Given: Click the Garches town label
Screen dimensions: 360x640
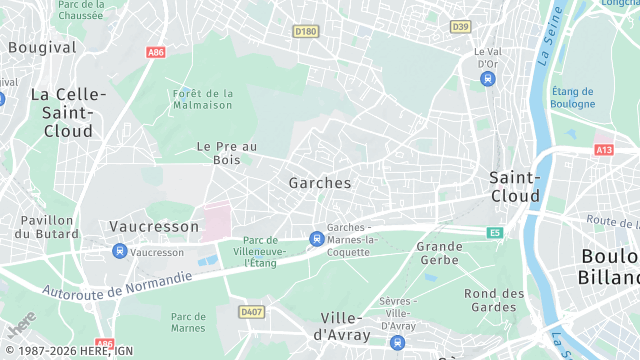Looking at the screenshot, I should tap(320, 183).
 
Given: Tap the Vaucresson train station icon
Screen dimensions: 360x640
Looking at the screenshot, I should tap(120, 252).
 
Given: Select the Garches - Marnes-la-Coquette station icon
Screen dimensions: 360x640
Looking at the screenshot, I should tap(316, 238).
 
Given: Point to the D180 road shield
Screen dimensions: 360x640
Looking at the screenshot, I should tap(306, 32).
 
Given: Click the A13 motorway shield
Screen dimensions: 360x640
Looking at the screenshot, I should tap(603, 149).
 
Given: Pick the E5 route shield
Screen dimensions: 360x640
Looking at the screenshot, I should tap(494, 233).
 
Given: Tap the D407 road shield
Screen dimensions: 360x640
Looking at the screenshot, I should tap(251, 312).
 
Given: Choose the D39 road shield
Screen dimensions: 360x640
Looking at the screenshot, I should tap(460, 26).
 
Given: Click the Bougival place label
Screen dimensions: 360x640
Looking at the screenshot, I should tap(41, 47).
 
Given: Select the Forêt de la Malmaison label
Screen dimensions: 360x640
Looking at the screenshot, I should tap(203, 99).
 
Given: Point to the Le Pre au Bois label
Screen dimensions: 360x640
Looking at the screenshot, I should tap(227, 153).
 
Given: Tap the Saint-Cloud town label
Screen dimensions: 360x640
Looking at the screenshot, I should tap(515, 186).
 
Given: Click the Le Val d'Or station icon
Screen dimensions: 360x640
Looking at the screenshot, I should tap(487, 78).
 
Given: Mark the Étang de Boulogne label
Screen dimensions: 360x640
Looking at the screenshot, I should tap(573, 97).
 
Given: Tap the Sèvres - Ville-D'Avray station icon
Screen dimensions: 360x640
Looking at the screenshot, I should tap(397, 342).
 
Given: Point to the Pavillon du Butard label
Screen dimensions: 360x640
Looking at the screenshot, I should tap(45, 226).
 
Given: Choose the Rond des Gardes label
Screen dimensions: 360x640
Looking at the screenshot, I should tap(494, 300).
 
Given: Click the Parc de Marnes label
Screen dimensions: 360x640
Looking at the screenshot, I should tap(188, 322).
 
